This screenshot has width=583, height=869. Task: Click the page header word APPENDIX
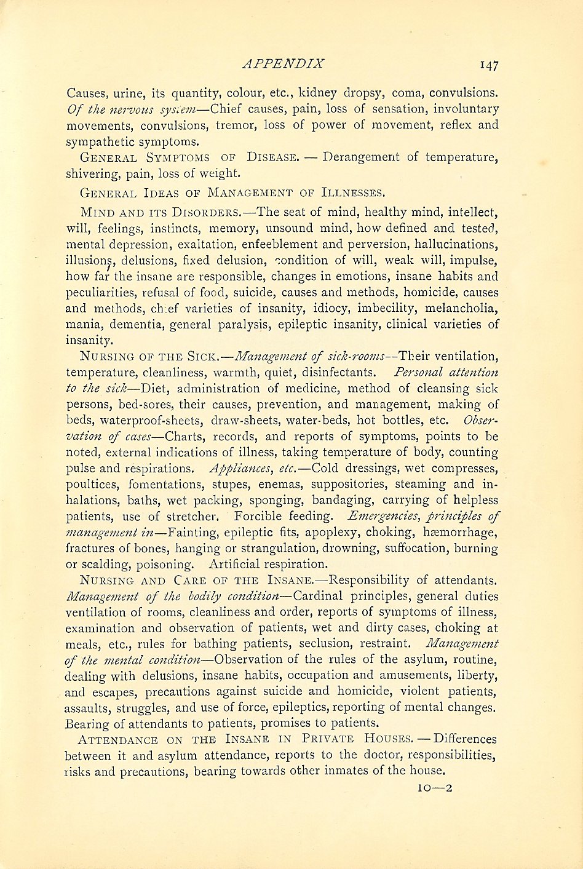283,63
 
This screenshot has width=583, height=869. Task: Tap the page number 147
486,65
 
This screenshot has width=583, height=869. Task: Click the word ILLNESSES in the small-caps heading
351,192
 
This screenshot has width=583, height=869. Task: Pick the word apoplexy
307,533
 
